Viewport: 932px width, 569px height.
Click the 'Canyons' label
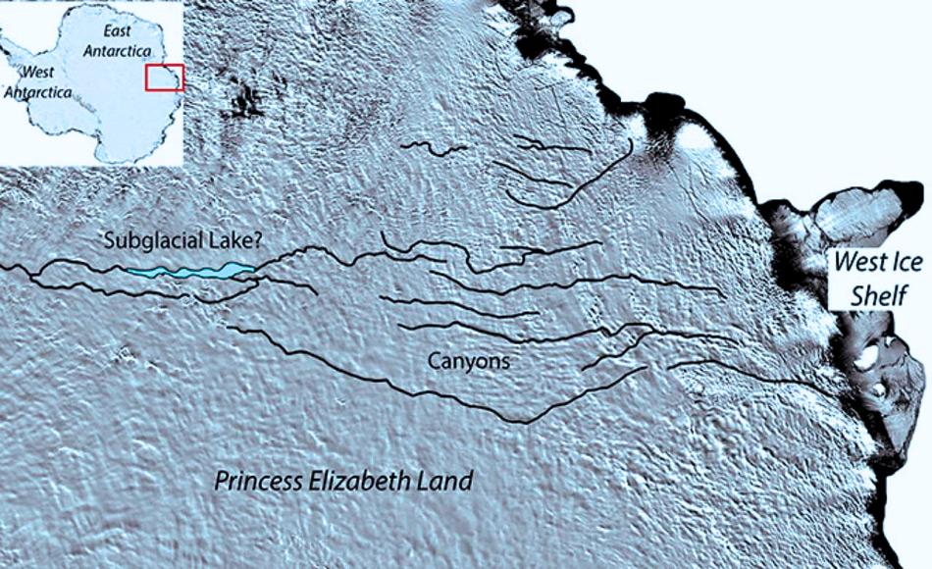pos(469,361)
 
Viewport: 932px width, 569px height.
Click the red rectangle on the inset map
pos(164,78)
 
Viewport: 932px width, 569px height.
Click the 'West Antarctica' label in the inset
pos(37,82)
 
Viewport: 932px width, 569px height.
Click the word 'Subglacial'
pos(148,239)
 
